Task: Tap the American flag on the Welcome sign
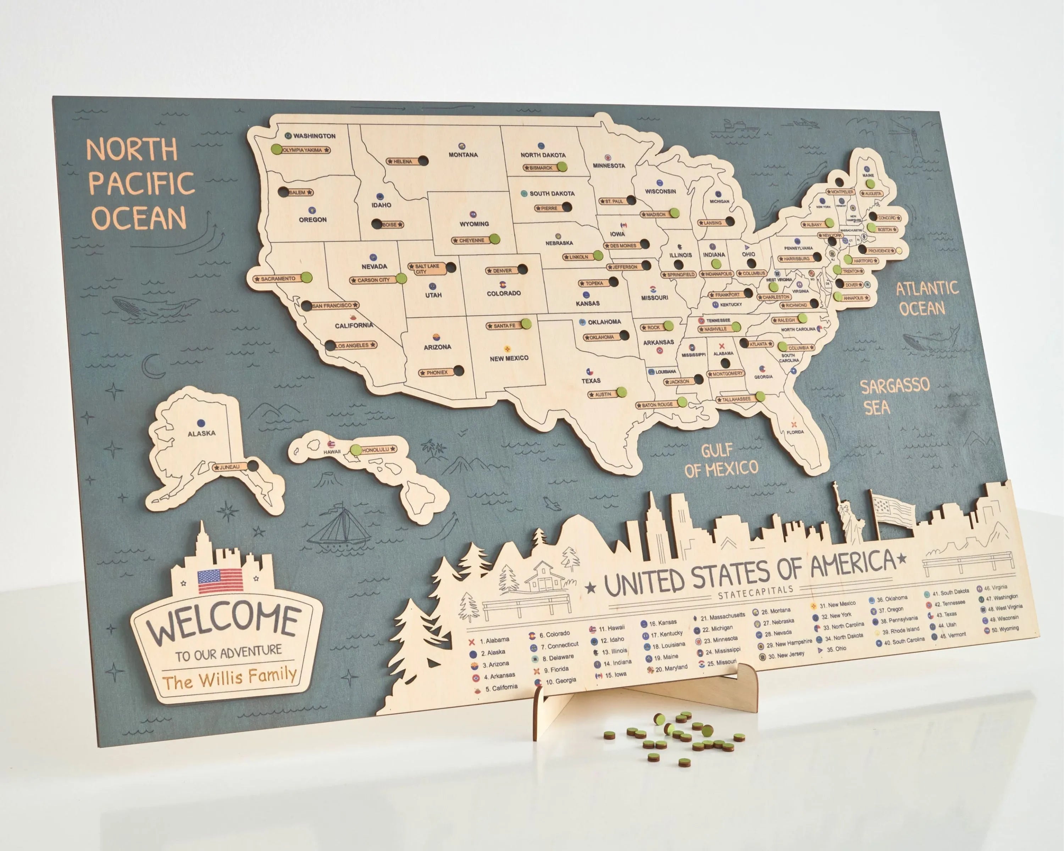coord(220,581)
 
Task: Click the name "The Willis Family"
coord(229,678)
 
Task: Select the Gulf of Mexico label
coord(721,460)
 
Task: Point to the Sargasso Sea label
coord(894,396)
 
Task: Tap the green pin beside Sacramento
coord(306,277)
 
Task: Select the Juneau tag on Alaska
coord(229,467)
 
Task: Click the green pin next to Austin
coord(621,393)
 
